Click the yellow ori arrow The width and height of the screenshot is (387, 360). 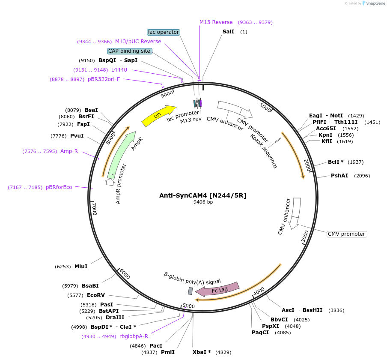158,116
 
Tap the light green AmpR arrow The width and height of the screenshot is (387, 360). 121,154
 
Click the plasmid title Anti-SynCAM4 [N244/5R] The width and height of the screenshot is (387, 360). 203,195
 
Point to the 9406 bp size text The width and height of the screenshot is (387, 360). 203,202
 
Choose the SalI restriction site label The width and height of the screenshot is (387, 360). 228,32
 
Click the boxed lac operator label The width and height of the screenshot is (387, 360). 163,32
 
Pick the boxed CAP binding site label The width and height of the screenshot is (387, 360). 129,51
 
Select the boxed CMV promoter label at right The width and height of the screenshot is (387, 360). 347,234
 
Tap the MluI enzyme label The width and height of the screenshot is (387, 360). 81,267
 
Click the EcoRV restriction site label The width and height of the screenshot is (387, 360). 96,295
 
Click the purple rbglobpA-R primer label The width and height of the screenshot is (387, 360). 134,336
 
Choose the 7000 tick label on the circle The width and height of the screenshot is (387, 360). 95,210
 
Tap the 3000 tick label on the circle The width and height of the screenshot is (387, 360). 304,237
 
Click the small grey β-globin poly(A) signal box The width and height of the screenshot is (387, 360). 190,291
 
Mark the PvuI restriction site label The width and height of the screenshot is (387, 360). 77,136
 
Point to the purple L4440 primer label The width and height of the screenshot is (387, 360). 119,70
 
